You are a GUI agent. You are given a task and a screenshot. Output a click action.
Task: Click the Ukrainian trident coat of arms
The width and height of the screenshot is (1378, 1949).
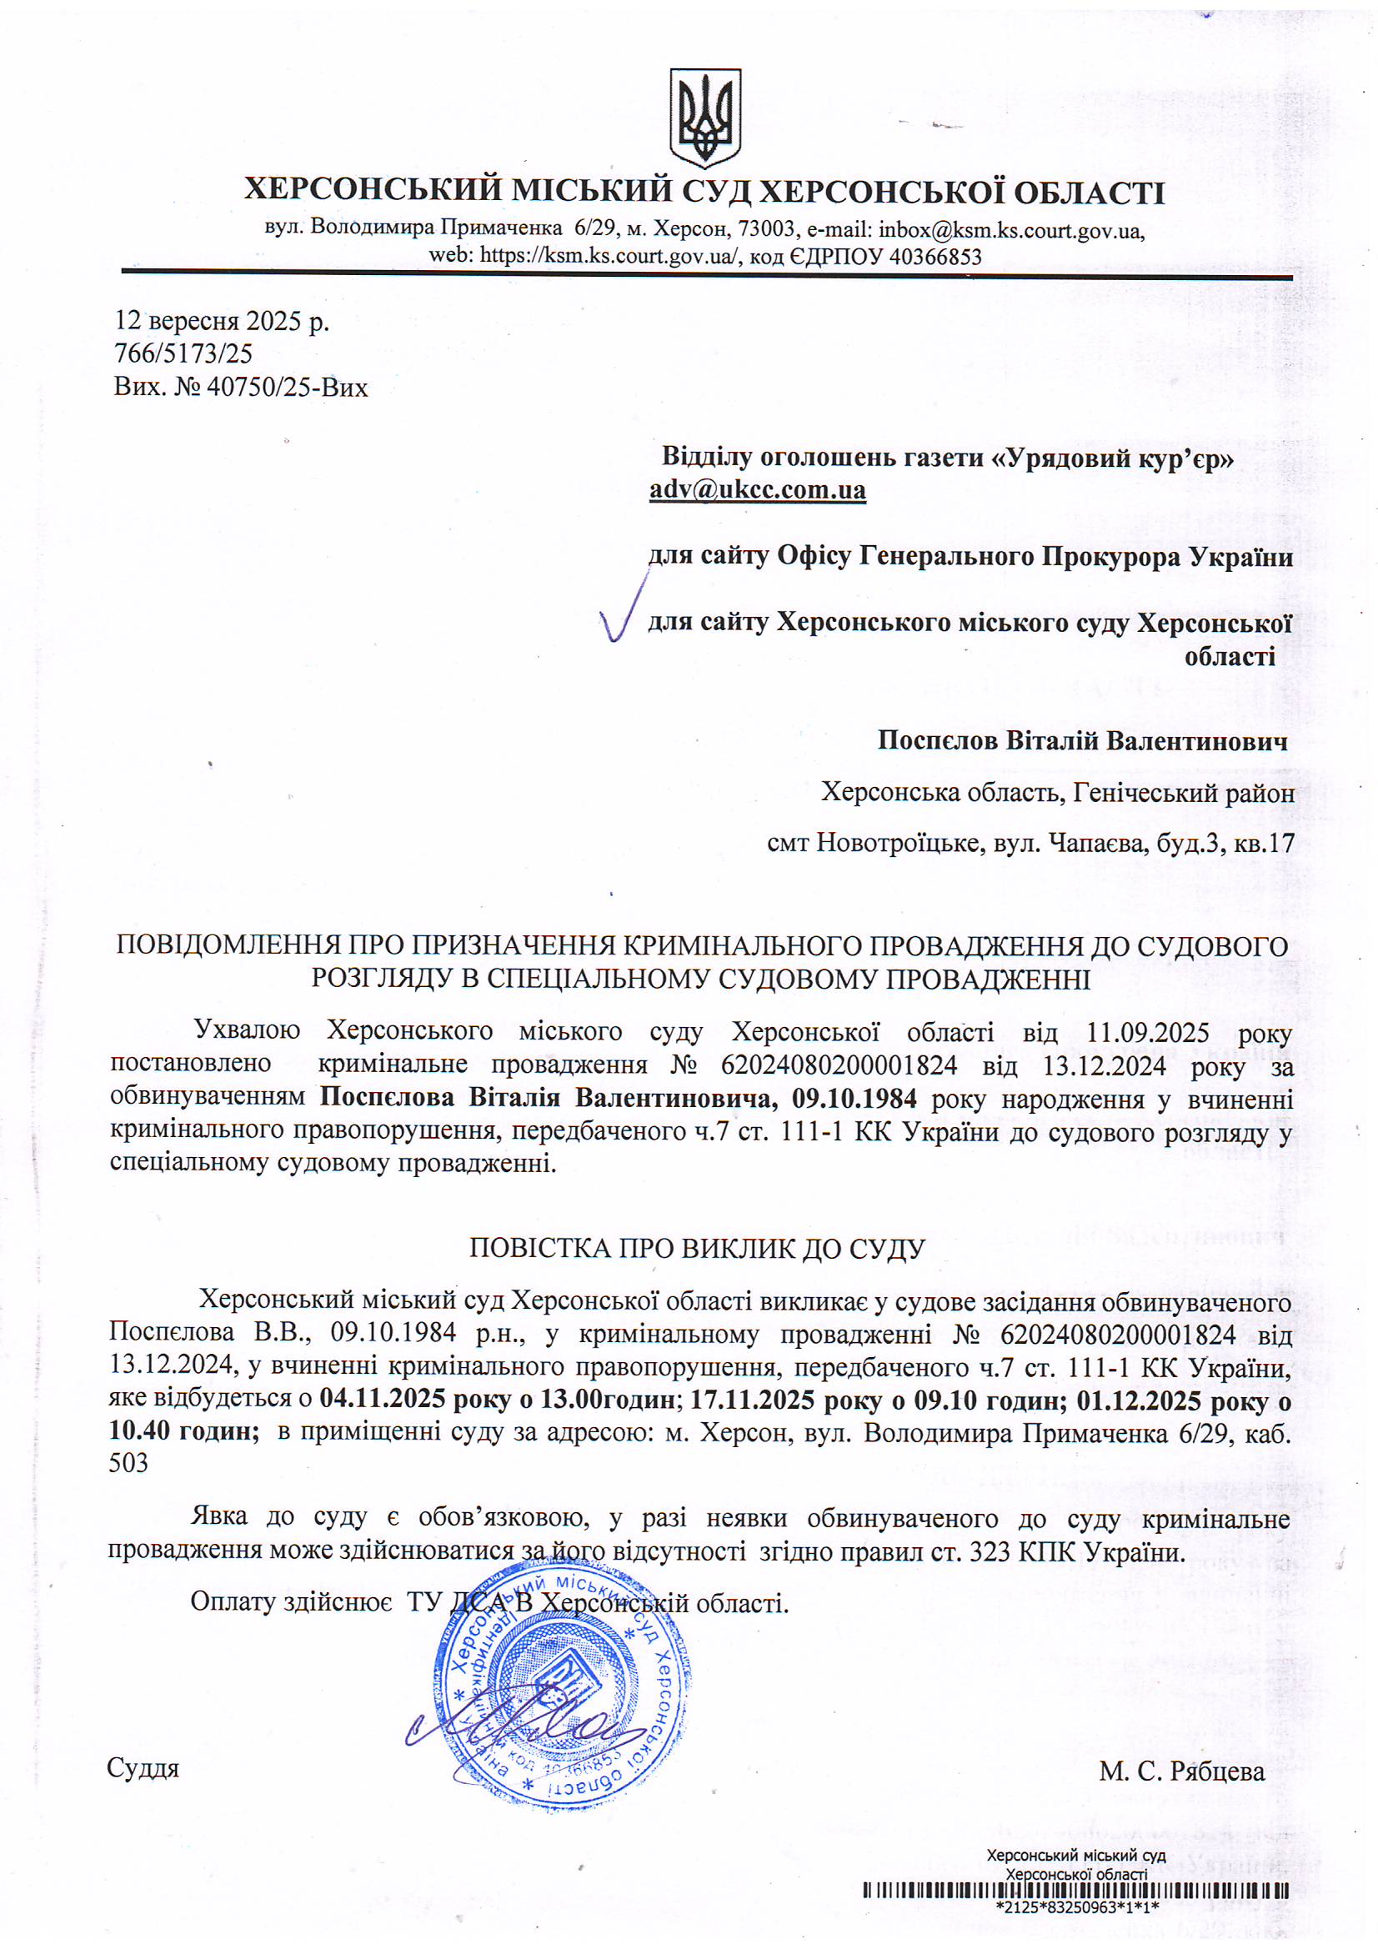[704, 118]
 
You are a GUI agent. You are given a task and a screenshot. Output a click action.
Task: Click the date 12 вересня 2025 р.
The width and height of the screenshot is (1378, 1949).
[222, 321]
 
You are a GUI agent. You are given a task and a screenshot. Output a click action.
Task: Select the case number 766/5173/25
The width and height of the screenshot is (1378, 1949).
[183, 354]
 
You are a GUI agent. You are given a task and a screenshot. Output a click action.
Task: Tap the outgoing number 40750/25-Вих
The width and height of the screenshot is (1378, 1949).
[287, 388]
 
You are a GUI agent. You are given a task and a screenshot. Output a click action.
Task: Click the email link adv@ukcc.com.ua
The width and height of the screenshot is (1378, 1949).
[757, 490]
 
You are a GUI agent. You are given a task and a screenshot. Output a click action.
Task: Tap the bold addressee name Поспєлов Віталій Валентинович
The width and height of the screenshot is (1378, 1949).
[1083, 740]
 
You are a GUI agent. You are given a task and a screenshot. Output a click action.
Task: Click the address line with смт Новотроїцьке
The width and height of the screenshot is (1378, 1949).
[1030, 843]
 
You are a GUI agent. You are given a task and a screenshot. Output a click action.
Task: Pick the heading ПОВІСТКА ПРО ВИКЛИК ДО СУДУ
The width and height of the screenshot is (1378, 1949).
[696, 1248]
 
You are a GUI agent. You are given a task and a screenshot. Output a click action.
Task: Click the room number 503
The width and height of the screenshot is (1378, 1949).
[128, 1464]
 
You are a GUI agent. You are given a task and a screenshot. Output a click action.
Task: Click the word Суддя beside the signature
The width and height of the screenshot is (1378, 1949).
[143, 1769]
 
